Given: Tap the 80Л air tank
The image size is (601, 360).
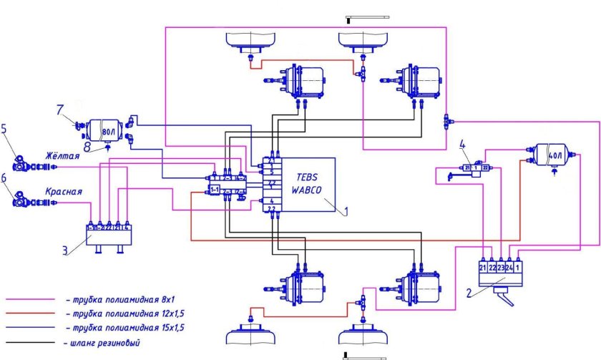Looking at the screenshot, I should click(x=104, y=132).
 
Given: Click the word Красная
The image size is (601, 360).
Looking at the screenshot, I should click(x=64, y=192).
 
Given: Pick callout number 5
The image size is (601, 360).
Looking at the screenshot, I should click(x=6, y=130).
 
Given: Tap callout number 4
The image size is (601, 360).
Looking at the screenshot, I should click(x=464, y=150).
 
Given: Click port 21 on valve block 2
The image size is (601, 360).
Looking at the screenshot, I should click(x=482, y=268).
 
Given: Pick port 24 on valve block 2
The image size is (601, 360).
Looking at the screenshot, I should click(x=509, y=268).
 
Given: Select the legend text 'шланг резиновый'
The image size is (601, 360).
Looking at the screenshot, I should click(x=104, y=344).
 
